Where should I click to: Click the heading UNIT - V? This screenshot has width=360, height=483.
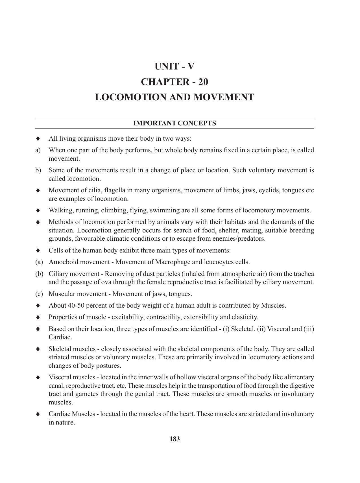point(174,66)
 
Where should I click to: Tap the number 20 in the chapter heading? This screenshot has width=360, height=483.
point(203,82)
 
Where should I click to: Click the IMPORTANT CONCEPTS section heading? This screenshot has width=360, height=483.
point(174,123)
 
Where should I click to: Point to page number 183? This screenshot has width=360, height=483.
point(174,439)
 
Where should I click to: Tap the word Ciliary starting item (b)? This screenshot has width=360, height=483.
point(58,274)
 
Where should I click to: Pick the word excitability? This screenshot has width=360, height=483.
point(128,317)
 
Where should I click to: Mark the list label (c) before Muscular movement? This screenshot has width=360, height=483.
point(39,294)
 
